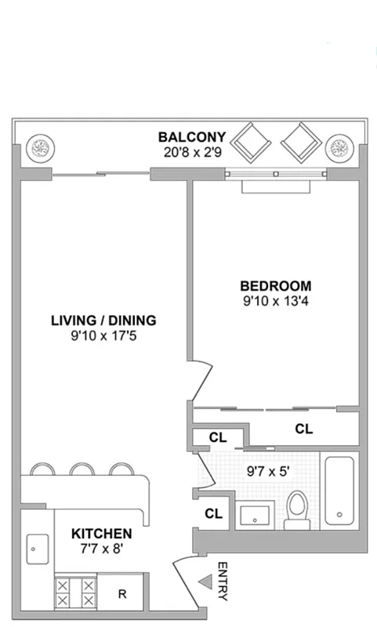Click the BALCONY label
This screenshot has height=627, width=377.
pos(191,136)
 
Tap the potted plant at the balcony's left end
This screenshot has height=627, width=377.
pos(39,147)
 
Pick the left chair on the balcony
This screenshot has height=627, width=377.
pos(252,143)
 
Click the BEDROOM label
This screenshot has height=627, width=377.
pos(275,286)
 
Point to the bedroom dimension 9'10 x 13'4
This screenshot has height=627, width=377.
pos(275,300)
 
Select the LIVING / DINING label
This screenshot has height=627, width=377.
pos(103,321)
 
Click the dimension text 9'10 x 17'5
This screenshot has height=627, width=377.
pos(103,335)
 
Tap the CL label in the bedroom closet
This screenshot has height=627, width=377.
pos(303,429)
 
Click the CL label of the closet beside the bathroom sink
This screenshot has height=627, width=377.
pos(213,513)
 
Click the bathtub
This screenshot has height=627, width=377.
pos(340,491)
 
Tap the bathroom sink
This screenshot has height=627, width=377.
pos(255,515)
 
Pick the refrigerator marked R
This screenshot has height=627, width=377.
pos(121,593)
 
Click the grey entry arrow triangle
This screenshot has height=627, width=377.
pos(205,582)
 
